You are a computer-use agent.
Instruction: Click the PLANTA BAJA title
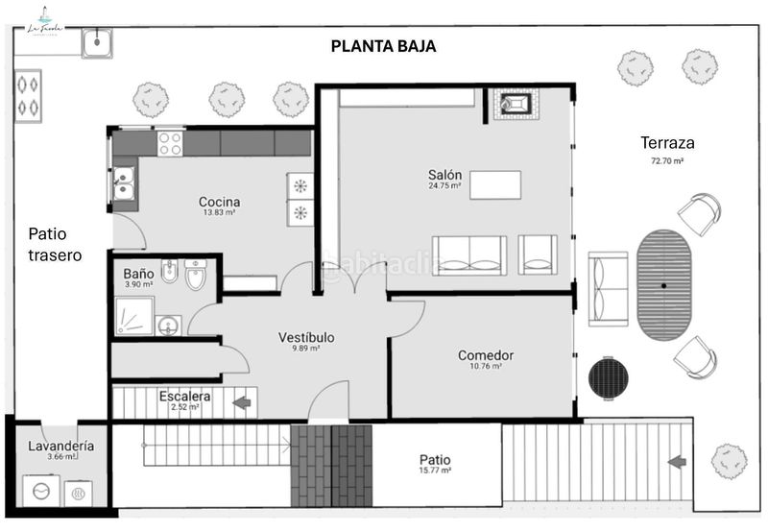(383, 45)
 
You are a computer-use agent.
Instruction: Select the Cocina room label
(219, 204)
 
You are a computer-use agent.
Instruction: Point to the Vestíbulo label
(306, 339)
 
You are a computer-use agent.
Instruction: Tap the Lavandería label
(60, 447)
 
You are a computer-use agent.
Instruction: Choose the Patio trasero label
(55, 244)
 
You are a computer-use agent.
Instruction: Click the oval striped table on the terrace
(663, 283)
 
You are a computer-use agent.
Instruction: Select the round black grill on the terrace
(607, 376)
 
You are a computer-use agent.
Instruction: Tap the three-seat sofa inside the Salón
(469, 254)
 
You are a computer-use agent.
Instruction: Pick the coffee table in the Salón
(494, 183)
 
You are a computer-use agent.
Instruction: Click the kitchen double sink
(124, 182)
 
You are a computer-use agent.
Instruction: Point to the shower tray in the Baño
(133, 315)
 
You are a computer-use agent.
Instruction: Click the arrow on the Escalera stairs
(241, 401)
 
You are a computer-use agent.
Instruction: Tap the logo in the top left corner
(43, 22)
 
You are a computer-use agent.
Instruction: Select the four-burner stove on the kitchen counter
(170, 144)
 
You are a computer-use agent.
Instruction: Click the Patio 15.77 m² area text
(435, 464)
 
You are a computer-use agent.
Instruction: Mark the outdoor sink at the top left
(97, 42)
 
